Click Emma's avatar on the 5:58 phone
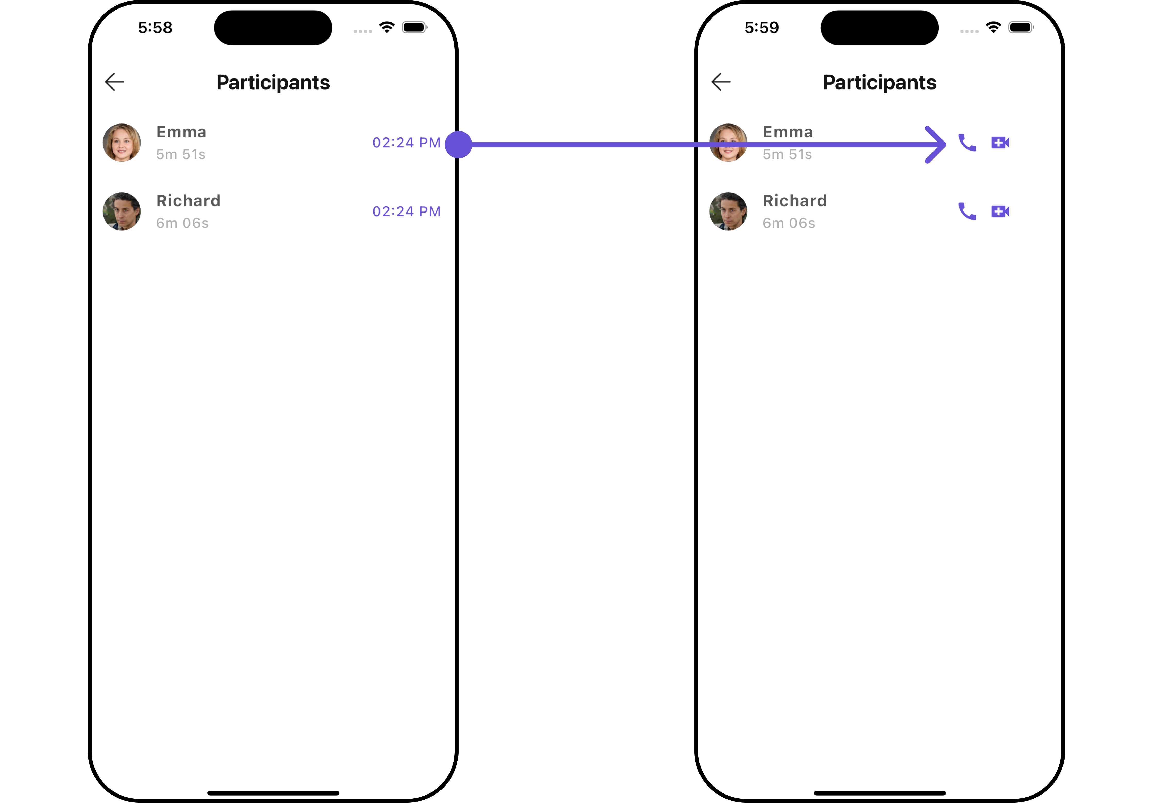(122, 142)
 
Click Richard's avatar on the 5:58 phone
(122, 211)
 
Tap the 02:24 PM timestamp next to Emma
(406, 143)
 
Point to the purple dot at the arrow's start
(458, 144)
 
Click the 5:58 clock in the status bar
(155, 28)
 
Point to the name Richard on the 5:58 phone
(188, 201)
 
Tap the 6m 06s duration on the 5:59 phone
(789, 223)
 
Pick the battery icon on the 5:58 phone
(415, 28)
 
